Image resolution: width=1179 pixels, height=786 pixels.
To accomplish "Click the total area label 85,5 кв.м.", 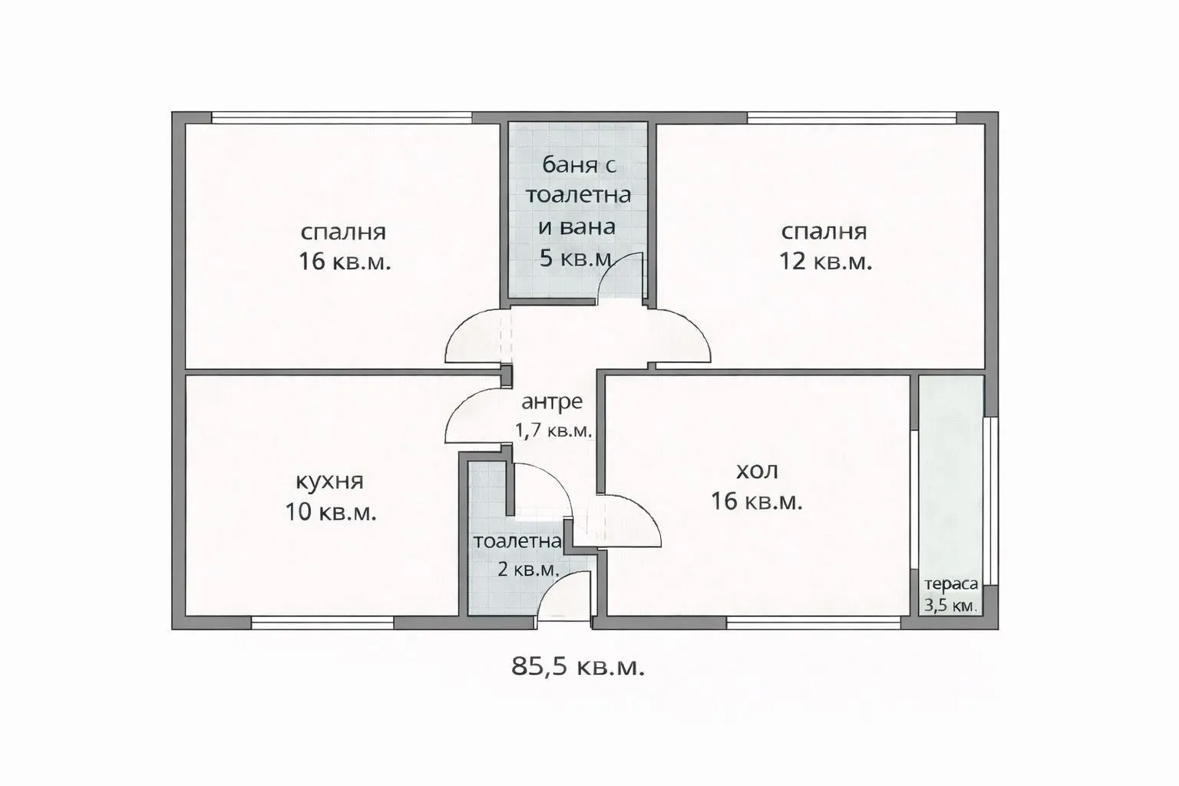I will click(578, 666).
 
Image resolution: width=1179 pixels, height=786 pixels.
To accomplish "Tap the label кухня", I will click(329, 481).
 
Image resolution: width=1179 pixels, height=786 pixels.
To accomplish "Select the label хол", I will click(756, 470).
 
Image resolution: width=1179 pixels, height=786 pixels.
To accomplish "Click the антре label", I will click(552, 401).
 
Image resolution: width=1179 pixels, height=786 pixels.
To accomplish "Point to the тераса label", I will click(951, 583).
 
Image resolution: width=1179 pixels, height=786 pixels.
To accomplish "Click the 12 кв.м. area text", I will click(826, 262).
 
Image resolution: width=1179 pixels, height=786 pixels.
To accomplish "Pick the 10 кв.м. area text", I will click(331, 512).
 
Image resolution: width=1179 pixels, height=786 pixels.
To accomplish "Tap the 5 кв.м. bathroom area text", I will click(576, 258).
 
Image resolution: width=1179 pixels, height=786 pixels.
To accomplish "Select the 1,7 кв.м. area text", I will click(553, 431).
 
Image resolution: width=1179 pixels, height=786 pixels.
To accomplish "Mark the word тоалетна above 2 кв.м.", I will click(517, 541).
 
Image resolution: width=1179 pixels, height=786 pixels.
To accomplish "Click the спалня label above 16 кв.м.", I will click(343, 232).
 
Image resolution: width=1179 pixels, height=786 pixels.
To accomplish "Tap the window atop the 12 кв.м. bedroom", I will click(851, 118).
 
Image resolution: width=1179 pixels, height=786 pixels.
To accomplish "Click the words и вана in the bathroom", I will click(576, 227).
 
